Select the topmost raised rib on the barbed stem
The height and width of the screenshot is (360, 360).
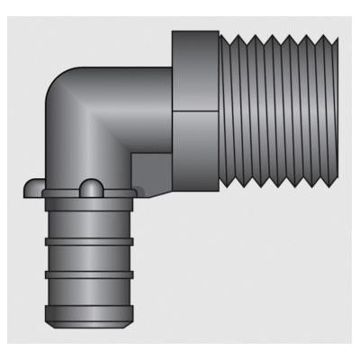[86, 219]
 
